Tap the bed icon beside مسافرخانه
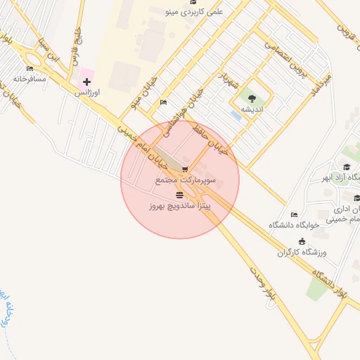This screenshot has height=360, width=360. [30, 68]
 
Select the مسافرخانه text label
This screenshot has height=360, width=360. [30, 78]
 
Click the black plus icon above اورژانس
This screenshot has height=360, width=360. [86, 82]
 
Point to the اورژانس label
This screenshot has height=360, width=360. [87, 93]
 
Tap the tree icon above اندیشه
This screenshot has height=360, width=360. [252, 99]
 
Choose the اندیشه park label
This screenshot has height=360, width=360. [252, 110]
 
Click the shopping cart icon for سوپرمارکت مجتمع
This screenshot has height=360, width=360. [185, 169]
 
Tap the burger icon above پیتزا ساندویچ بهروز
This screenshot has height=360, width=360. [180, 195]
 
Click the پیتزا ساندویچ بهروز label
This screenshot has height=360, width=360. [180, 207]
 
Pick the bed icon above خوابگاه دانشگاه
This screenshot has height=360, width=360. [294, 214]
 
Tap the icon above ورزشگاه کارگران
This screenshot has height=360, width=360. [302, 241]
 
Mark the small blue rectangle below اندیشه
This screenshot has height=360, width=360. [236, 115]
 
